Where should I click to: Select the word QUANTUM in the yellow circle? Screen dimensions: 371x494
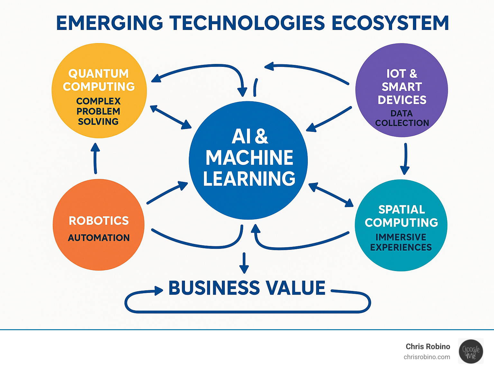click(98, 74)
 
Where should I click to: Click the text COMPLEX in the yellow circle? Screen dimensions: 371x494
click(98, 101)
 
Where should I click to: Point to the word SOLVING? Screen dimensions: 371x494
click(98, 122)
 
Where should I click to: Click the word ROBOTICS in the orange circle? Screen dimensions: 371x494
click(99, 221)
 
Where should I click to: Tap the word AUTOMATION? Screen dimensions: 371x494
click(99, 238)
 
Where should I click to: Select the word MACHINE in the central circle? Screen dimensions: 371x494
click(249, 158)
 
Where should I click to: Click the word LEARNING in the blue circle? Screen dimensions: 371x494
click(249, 178)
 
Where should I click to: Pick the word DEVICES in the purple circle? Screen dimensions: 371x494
click(402, 100)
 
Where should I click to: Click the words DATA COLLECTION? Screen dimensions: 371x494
click(402, 118)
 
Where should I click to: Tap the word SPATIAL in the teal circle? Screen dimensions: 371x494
click(402, 210)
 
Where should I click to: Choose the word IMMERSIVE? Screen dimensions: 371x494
click(401, 237)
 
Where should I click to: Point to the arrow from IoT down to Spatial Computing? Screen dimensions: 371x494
click(405, 159)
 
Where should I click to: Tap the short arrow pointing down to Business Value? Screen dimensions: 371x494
click(244, 263)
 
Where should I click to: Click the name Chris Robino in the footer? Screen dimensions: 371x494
click(428, 347)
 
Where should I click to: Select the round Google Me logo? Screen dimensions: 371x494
click(471, 351)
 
